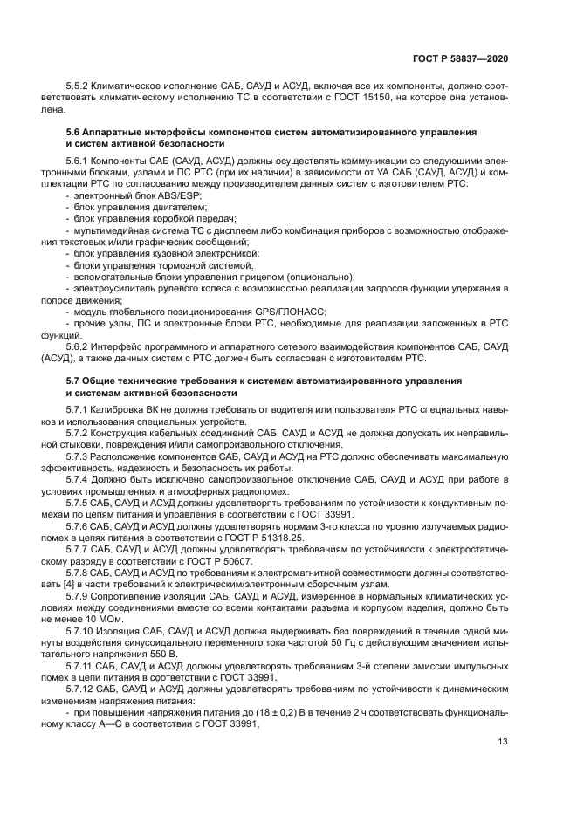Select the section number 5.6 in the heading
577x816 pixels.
tap(74, 131)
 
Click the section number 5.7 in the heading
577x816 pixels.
tap(74, 381)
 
